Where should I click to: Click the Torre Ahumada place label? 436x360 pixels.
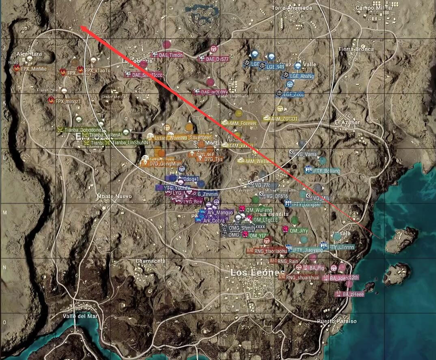point(292,8)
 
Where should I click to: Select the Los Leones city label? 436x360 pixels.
point(258,273)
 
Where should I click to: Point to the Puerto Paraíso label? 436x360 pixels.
point(337,321)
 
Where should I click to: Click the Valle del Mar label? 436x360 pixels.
point(80,316)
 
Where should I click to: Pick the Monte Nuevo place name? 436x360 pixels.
point(114,196)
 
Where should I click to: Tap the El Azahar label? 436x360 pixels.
point(347,122)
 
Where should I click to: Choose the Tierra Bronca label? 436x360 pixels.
point(356,49)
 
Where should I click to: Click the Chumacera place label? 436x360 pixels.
point(150,260)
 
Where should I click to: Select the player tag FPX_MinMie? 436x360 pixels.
point(34,69)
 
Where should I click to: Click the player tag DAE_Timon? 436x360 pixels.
point(171,55)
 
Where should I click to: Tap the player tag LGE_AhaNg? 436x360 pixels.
point(302,76)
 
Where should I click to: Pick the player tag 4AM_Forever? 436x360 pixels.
point(243,123)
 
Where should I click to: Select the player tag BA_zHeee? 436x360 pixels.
point(353,294)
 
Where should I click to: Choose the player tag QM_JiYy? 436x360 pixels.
point(298,231)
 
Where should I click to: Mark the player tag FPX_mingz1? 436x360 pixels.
point(68,101)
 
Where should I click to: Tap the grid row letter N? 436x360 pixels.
point(4,267)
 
